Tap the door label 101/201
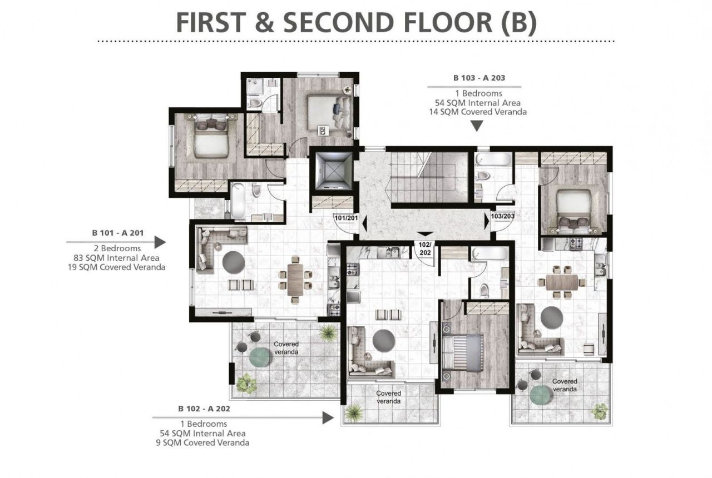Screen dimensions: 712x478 click(x=346, y=218)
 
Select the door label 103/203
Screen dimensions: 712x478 click(x=502, y=216)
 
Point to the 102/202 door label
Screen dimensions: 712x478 click(x=425, y=248)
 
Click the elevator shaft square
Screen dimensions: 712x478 click(x=334, y=171)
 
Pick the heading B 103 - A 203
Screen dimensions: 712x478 click(x=479, y=78)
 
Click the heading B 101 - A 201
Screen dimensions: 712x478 click(x=117, y=233)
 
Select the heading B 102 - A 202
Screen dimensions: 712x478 click(x=204, y=409)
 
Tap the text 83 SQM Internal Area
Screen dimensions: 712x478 click(x=116, y=258)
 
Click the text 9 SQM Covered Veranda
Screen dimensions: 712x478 click(x=202, y=443)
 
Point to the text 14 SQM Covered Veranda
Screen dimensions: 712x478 click(x=478, y=112)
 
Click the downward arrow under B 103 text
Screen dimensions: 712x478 click(x=477, y=126)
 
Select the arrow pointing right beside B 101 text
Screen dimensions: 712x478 click(x=116, y=242)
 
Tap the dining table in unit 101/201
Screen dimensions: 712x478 click(x=295, y=280)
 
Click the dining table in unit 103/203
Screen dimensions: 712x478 click(x=562, y=282)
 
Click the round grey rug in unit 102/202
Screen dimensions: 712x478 click(x=384, y=340)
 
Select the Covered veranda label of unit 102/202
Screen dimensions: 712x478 click(x=388, y=397)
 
